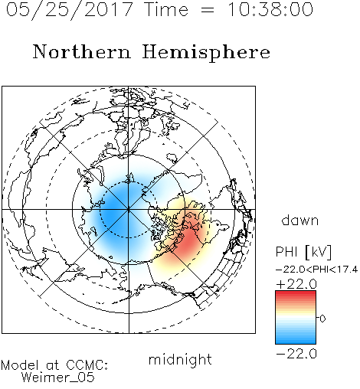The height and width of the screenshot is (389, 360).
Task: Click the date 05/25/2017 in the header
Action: pyautogui.click(x=70, y=10)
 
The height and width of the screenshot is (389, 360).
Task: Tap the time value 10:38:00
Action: pyautogui.click(x=270, y=9)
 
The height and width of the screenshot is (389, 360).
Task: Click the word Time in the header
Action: pyautogui.click(x=166, y=9)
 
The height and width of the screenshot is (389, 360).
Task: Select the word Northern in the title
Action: pyautogui.click(x=82, y=51)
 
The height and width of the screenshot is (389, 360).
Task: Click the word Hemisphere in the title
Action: pyautogui.click(x=206, y=52)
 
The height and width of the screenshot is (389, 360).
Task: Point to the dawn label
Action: pyautogui.click(x=300, y=220)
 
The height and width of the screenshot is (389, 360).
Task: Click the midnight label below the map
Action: pyautogui.click(x=180, y=359)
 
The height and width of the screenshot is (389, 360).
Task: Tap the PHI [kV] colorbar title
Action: pyautogui.click(x=303, y=252)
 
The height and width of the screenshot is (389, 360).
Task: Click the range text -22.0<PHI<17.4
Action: pyautogui.click(x=317, y=270)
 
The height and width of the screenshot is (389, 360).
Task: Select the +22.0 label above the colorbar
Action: pyautogui.click(x=296, y=284)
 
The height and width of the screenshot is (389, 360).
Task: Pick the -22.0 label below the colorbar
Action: pyautogui.click(x=296, y=354)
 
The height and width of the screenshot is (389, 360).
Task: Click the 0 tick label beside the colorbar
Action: pyautogui.click(x=322, y=319)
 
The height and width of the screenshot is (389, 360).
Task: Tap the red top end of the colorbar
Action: pyautogui.click(x=296, y=293)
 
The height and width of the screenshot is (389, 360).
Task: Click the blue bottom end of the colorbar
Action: pyautogui.click(x=296, y=342)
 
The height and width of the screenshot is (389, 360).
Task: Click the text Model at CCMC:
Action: pyautogui.click(x=54, y=365)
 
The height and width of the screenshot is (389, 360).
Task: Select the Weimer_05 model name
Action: pyautogui.click(x=58, y=377)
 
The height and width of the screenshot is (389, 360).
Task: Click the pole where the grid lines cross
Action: pyautogui.click(x=129, y=210)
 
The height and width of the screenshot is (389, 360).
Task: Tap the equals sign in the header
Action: pyautogui.click(x=208, y=10)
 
